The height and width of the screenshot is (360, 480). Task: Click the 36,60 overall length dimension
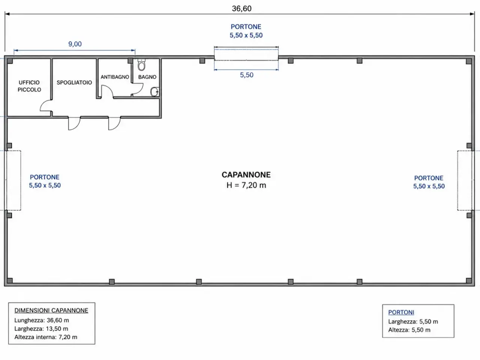(x=241, y=9)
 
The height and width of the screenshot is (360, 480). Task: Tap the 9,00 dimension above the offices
(x=75, y=44)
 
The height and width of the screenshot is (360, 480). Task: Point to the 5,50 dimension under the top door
(x=247, y=75)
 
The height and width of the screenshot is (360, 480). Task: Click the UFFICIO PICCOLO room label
(x=29, y=86)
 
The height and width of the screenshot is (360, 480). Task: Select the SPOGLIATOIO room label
(x=74, y=82)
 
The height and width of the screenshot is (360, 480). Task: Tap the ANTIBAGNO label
(x=115, y=77)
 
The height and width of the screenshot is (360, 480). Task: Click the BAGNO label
(x=147, y=77)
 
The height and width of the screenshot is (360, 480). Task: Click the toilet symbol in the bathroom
(x=141, y=65)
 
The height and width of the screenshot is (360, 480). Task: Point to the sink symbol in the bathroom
(x=155, y=92)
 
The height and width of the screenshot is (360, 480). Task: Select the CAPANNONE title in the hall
(x=246, y=175)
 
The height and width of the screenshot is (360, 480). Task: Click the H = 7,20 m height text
(x=246, y=185)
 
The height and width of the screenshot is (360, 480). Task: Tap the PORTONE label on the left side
(x=45, y=177)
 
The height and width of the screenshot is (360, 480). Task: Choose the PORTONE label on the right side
(x=429, y=178)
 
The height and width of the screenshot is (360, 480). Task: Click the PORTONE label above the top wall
(x=246, y=27)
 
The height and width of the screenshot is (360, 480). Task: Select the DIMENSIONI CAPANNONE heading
(x=51, y=310)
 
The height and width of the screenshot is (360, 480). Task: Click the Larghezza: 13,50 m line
(x=41, y=329)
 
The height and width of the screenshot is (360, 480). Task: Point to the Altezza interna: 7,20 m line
(x=46, y=337)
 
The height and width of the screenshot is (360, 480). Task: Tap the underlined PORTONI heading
(x=401, y=312)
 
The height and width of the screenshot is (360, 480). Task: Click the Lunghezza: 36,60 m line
(x=42, y=320)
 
